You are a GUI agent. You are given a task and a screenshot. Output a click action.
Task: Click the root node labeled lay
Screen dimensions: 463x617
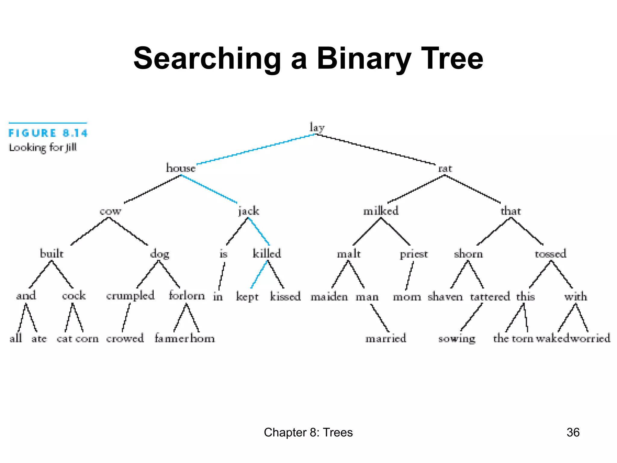[317, 128]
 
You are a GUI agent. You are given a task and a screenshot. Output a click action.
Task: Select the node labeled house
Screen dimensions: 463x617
[181, 168]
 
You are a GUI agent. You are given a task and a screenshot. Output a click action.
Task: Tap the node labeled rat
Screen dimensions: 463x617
[445, 169]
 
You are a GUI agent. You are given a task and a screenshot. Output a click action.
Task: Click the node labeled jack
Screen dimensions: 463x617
[249, 211]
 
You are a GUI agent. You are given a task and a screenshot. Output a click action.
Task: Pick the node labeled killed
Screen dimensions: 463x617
[267, 254]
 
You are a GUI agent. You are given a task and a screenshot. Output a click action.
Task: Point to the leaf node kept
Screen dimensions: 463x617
[247, 297]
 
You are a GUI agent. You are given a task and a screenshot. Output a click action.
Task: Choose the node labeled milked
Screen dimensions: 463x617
[381, 211]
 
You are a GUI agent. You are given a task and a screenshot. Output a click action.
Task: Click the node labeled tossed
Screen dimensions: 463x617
[550, 254]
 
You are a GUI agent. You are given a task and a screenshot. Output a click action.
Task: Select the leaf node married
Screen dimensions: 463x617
[386, 338]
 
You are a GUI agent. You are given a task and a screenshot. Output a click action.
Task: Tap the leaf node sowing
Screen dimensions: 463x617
[457, 339]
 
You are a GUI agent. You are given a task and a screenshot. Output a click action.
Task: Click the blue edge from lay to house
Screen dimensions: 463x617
[256, 149]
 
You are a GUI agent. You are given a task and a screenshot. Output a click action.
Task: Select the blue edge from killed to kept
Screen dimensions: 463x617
[259, 274]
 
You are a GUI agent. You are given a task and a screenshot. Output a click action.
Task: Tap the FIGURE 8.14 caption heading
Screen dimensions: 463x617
[48, 133]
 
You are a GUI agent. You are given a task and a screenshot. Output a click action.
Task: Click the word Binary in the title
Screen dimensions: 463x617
[364, 58]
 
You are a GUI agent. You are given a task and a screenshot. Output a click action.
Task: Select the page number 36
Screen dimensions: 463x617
[573, 432]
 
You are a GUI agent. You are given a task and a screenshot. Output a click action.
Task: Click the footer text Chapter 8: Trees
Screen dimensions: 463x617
[308, 432]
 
